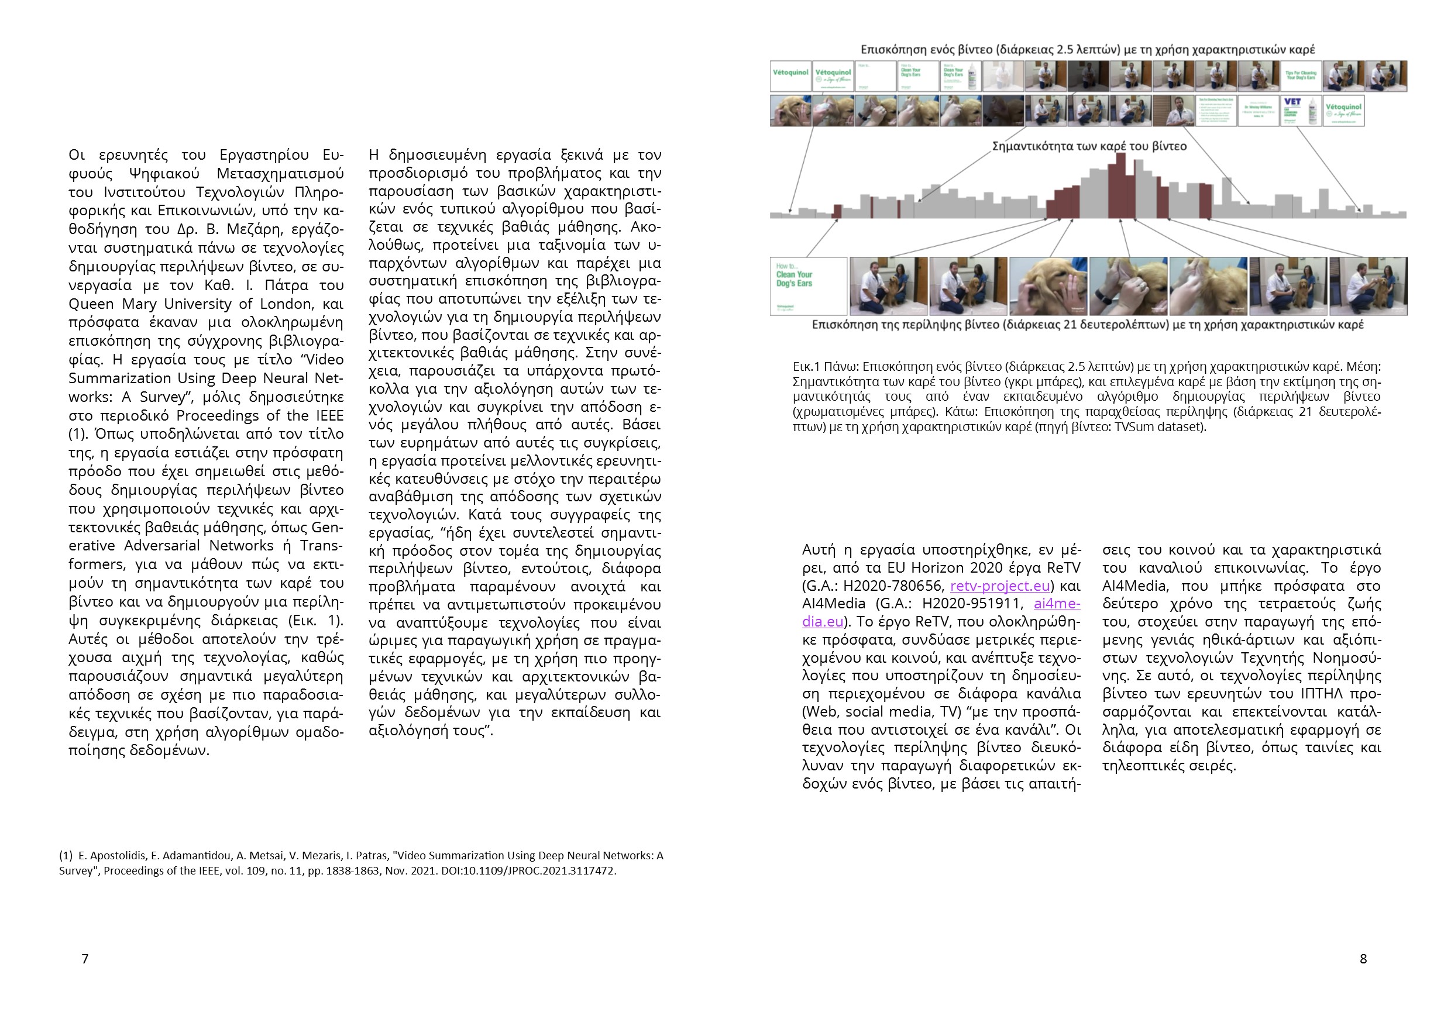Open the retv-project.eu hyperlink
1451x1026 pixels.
coord(1000,586)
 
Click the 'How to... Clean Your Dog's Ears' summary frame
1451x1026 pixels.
coord(808,285)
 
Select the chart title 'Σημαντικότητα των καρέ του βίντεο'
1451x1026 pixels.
coord(1089,146)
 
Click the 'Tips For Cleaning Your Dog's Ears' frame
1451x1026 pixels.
coord(1301,76)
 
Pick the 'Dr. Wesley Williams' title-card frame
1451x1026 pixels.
coord(1259,111)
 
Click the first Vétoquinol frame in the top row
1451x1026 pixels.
coord(790,76)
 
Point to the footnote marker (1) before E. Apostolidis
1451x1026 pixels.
coord(66,855)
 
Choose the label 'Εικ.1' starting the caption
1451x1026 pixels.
coord(806,366)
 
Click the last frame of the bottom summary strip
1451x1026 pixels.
coord(1369,285)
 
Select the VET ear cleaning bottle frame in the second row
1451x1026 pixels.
coord(1301,111)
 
